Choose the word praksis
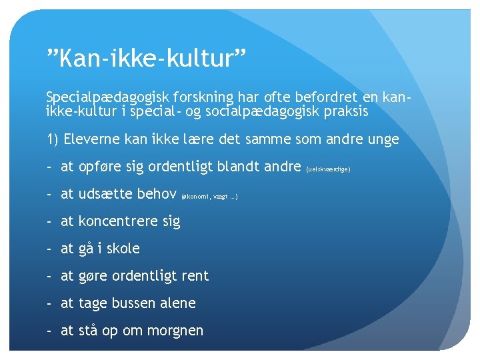(x=344, y=111)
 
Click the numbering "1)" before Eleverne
(x=53, y=139)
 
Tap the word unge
(x=383, y=139)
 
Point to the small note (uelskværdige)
(x=328, y=169)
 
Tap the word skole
(x=123, y=249)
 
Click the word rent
(x=195, y=276)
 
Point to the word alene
(x=178, y=303)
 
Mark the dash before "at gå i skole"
(x=50, y=249)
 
